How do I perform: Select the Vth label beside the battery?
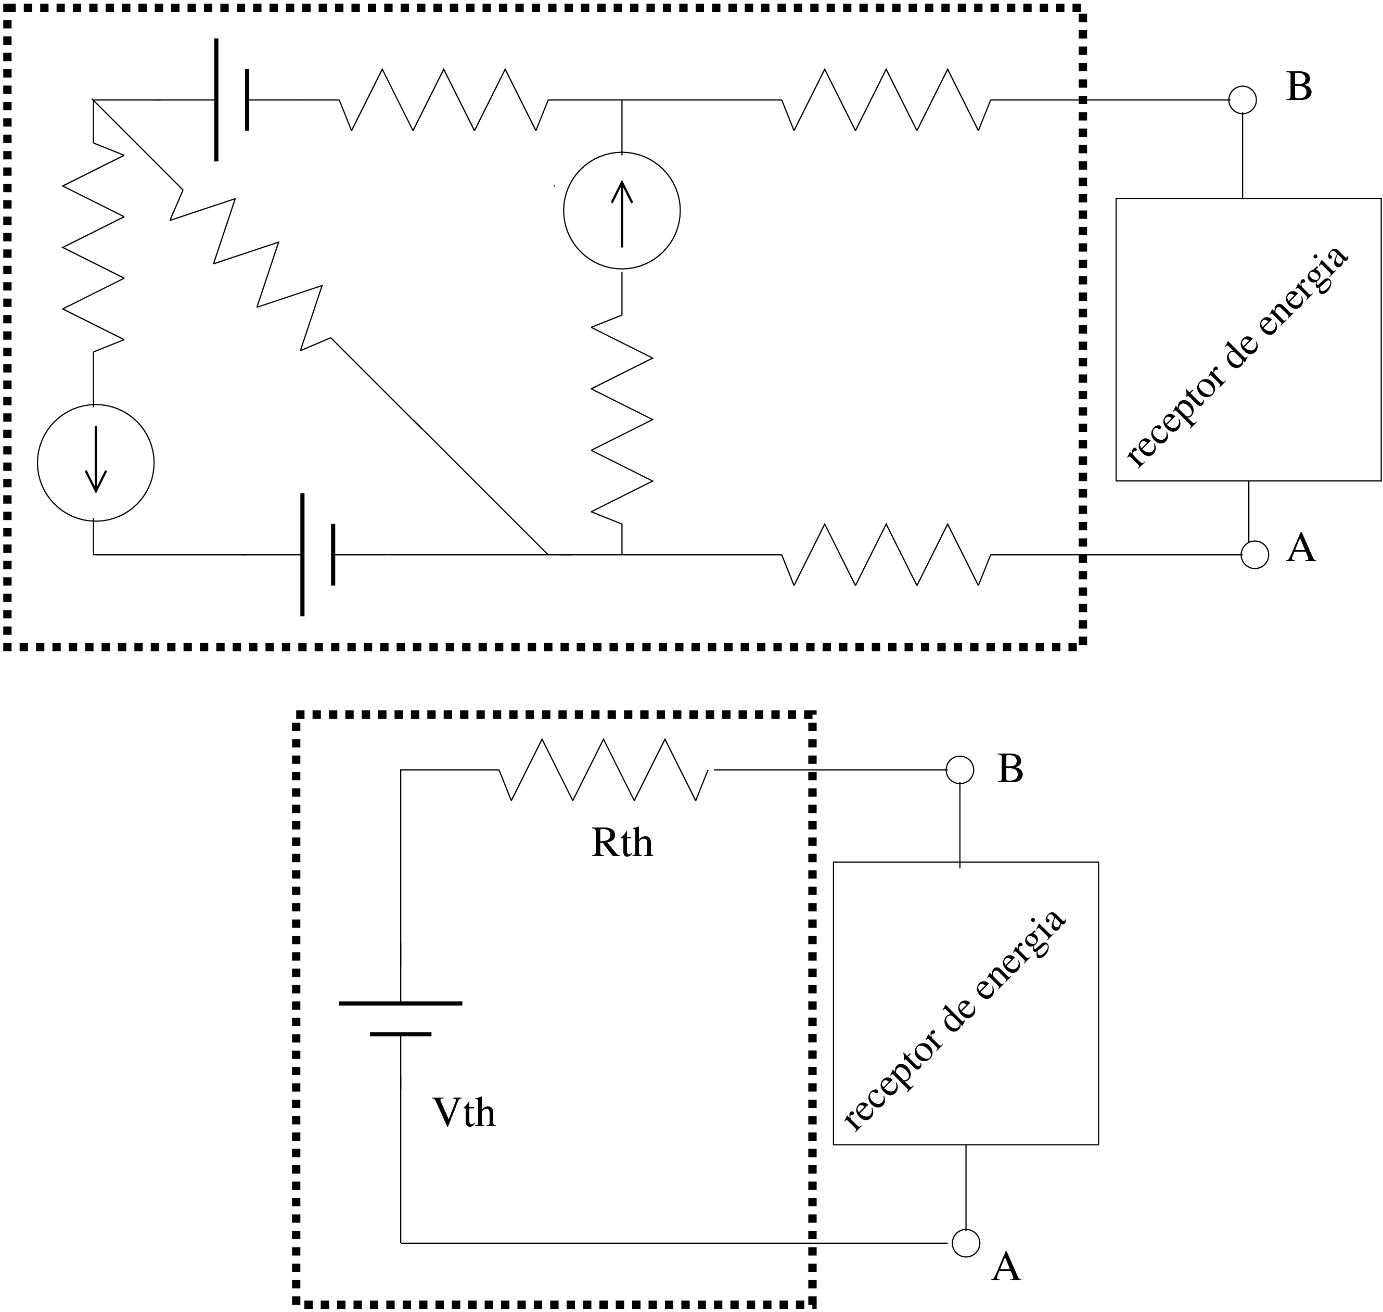coord(464,1112)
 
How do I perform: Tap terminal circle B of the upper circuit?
coord(1243,100)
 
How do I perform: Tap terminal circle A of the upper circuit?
coord(1254,555)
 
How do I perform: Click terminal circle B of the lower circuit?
coord(959,770)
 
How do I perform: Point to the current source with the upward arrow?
coord(622,210)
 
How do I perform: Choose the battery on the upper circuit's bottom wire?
coord(317,555)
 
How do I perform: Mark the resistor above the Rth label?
coord(604,770)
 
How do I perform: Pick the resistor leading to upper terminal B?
coord(886,100)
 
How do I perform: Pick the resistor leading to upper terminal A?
coord(886,555)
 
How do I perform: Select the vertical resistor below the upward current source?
coord(622,419)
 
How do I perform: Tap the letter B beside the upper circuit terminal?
coord(1298,87)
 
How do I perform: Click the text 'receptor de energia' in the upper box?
coord(1237,356)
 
